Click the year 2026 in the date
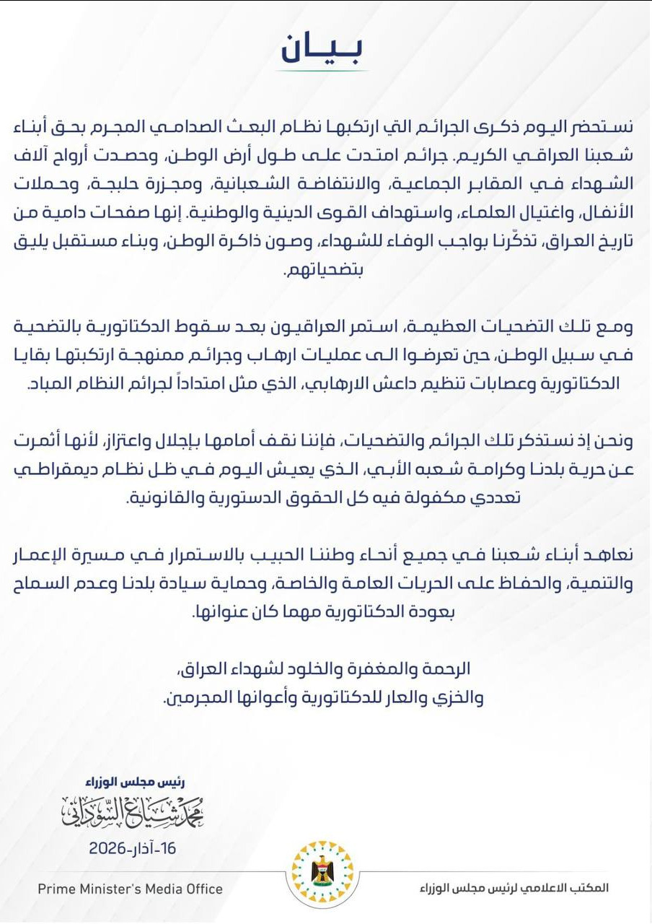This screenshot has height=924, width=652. (110, 849)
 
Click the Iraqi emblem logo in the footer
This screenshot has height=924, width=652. (323, 874)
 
